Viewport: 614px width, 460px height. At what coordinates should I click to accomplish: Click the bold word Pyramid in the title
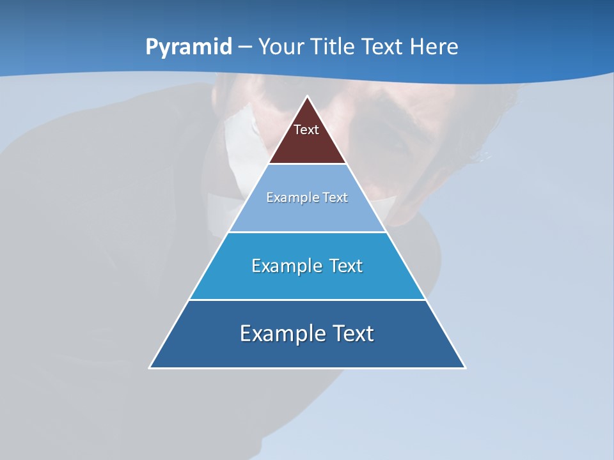(x=189, y=47)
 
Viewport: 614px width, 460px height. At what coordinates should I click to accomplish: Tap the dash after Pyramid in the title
(x=246, y=47)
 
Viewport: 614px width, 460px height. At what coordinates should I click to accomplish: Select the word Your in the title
(x=281, y=47)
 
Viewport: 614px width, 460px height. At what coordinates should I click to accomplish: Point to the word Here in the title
(x=434, y=47)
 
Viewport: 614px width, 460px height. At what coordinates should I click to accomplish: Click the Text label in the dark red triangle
(x=306, y=130)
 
